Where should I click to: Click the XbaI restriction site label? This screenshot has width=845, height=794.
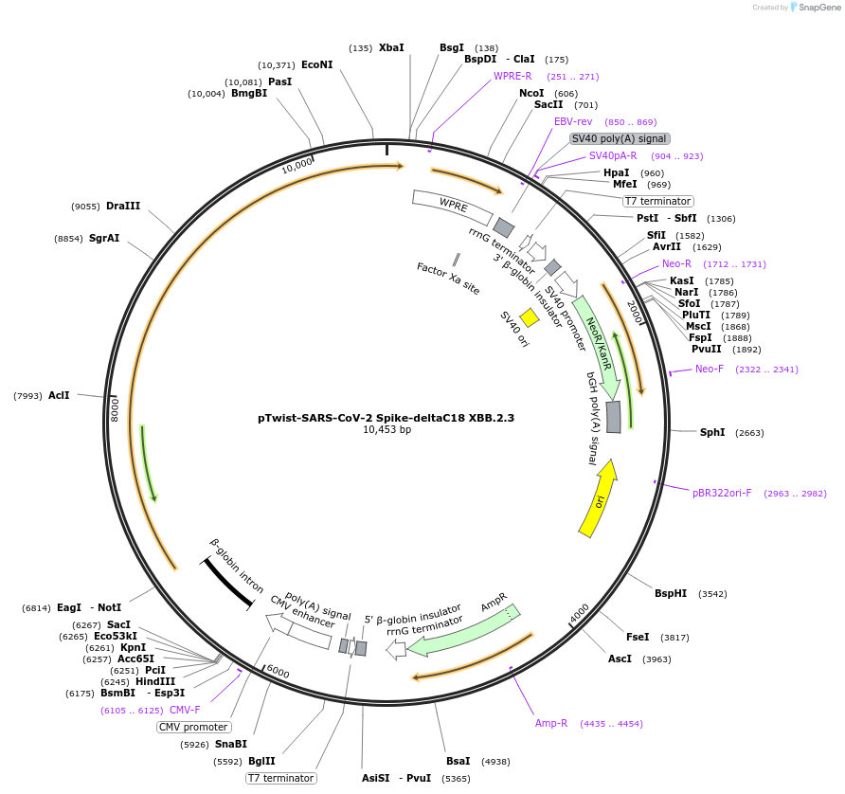point(391,47)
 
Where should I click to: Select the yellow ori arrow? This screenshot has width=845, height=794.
point(598,498)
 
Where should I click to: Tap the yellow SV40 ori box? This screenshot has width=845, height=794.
point(530,318)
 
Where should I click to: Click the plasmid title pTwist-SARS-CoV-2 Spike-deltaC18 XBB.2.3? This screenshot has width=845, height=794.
point(386,417)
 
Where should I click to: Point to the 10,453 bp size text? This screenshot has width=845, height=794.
point(387,429)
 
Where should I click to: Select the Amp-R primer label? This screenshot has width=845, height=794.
point(551,723)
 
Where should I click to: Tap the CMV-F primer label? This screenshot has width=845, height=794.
point(185,710)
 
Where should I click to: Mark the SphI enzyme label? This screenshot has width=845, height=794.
point(712,432)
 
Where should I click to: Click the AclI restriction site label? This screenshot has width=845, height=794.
point(59,395)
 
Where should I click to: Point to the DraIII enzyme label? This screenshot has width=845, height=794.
point(123,206)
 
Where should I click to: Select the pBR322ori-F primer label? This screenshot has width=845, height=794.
point(722,493)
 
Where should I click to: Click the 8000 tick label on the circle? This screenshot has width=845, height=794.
point(115,409)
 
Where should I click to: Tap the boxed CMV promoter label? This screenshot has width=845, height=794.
point(193,728)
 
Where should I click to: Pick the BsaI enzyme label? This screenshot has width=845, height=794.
point(458,761)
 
